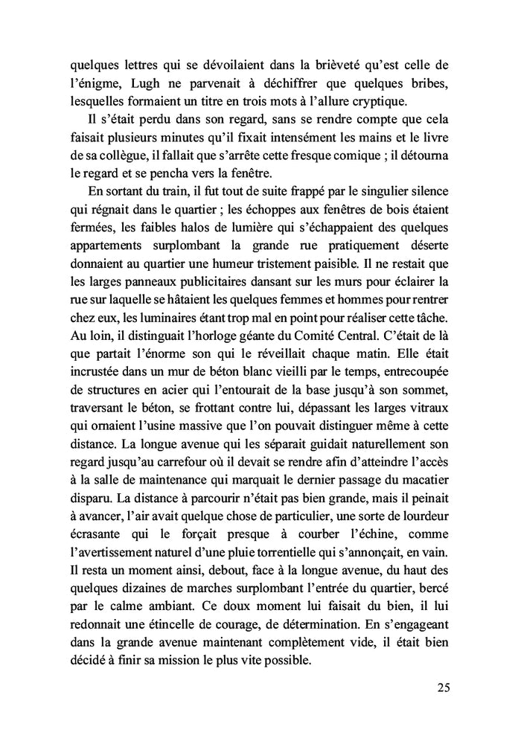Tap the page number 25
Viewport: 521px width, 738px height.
tap(444, 687)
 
